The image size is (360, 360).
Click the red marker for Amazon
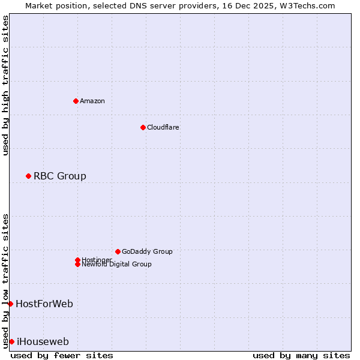tap(76, 101)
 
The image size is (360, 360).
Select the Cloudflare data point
tap(143, 127)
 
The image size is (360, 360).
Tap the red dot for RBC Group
tap(28, 176)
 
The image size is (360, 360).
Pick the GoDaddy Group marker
tap(118, 251)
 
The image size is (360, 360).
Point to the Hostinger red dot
tap(77, 260)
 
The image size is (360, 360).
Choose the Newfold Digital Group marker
tap(77, 264)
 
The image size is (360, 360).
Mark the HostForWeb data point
tap(10, 304)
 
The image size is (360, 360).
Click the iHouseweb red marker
tap(11, 341)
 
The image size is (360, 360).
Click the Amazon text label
tap(92, 101)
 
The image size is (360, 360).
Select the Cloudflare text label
tap(163, 127)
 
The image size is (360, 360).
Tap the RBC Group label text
tap(60, 176)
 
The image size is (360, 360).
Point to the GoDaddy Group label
tap(147, 251)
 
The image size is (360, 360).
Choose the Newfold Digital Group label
tap(117, 264)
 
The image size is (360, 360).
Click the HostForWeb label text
tap(44, 304)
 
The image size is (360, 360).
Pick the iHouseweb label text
tap(43, 341)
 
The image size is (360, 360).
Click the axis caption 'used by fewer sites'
tap(62, 355)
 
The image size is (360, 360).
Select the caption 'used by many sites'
tap(301, 355)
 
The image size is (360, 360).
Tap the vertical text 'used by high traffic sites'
tap(5, 85)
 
